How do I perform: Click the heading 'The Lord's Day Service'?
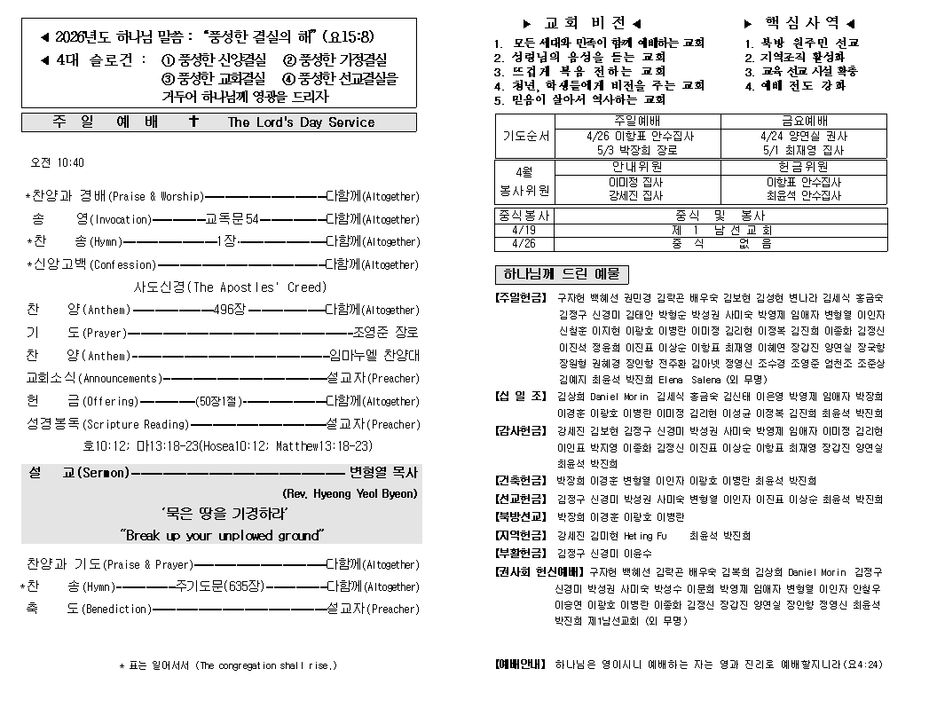click(x=301, y=122)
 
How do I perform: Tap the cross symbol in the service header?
click(x=193, y=122)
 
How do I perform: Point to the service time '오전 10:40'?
click(x=57, y=162)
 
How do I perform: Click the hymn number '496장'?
click(x=230, y=310)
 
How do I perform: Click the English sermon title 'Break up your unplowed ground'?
click(x=222, y=535)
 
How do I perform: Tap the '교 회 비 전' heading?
click(x=582, y=23)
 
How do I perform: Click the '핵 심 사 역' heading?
click(x=799, y=23)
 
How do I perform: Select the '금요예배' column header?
click(x=804, y=122)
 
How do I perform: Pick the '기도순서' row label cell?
click(x=526, y=137)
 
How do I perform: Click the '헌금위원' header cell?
click(x=804, y=166)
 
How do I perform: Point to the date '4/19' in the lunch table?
click(x=524, y=230)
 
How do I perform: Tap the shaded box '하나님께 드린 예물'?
click(x=561, y=274)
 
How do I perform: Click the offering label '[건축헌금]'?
click(x=520, y=481)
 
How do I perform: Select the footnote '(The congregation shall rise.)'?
click(x=266, y=665)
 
